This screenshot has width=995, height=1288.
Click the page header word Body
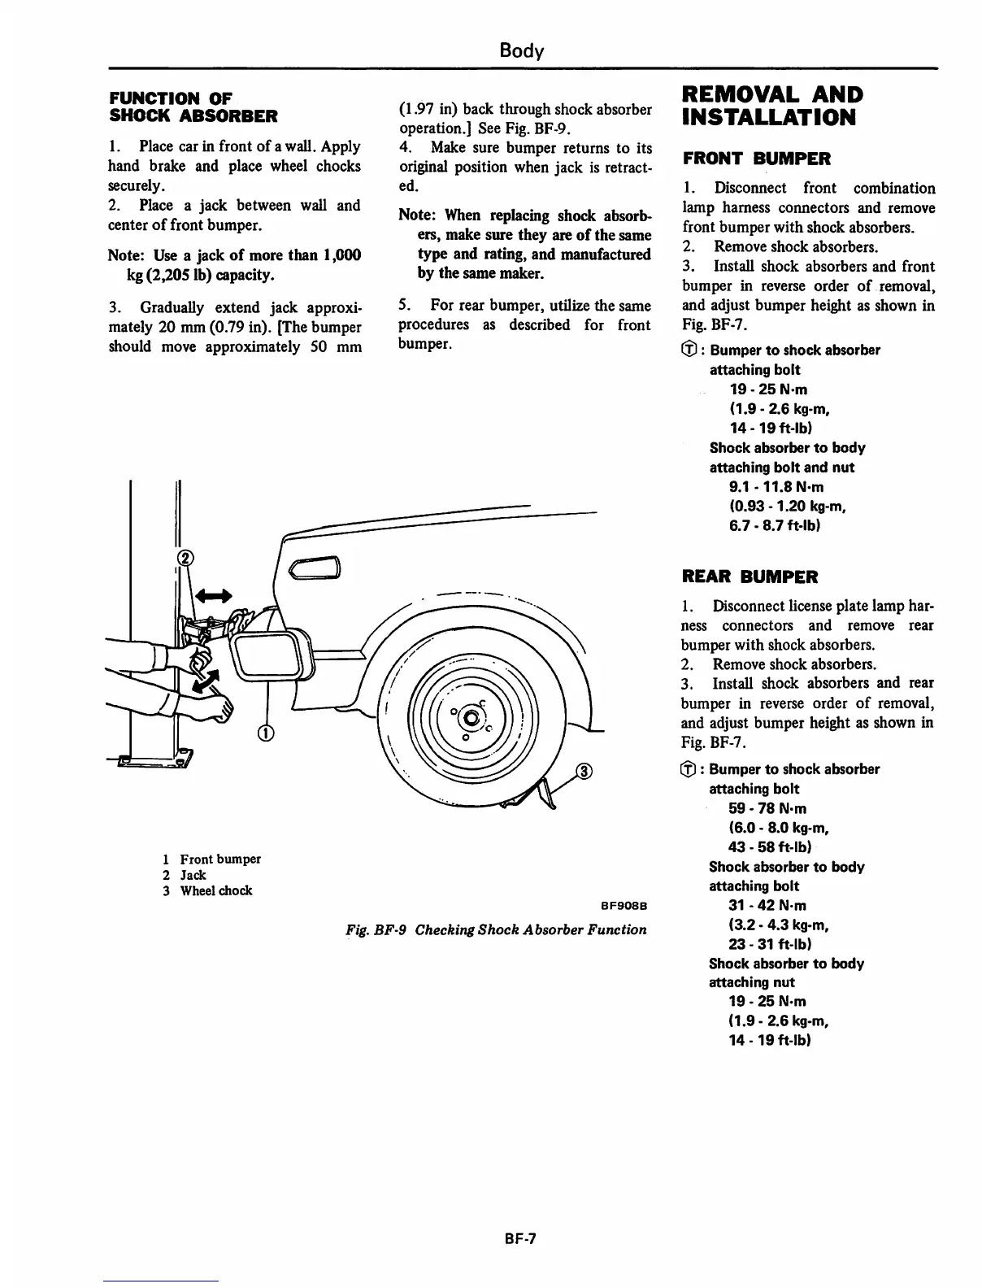521,50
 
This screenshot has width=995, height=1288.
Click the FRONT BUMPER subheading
757,159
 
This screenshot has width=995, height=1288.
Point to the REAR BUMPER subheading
750,577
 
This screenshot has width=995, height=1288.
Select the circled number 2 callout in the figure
186,558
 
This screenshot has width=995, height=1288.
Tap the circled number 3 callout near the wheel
584,772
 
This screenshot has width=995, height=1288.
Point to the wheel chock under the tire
537,795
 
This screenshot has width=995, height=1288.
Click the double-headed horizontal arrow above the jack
213,595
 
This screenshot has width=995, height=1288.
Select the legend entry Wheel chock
215,890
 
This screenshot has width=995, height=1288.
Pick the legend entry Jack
193,875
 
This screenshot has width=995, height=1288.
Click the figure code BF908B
623,906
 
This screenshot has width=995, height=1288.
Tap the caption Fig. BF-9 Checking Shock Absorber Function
496,929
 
